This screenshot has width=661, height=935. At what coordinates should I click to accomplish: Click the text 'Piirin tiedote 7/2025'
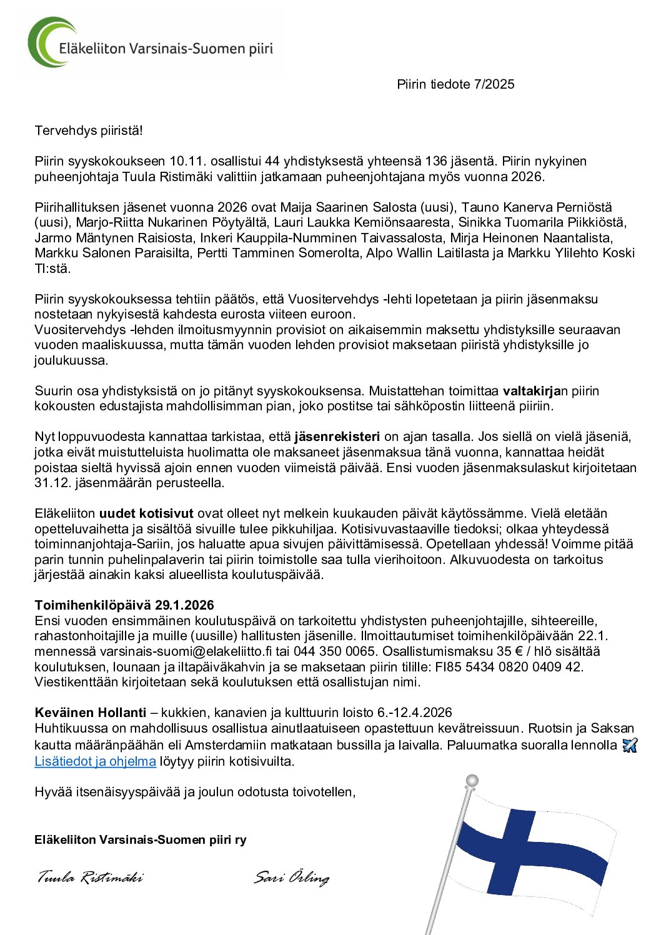pyautogui.click(x=455, y=84)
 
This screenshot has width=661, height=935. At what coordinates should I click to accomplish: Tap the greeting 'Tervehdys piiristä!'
pyautogui.click(x=89, y=131)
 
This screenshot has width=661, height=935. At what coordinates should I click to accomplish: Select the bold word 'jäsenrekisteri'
pyautogui.click(x=337, y=437)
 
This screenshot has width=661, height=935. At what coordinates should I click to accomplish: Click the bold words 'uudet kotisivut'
pyautogui.click(x=146, y=513)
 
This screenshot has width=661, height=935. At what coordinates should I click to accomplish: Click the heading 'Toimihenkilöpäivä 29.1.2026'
pyautogui.click(x=124, y=605)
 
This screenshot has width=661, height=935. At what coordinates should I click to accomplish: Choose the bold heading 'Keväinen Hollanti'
pyautogui.click(x=91, y=713)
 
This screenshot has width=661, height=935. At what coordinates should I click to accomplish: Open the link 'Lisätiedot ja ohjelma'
pyautogui.click(x=95, y=761)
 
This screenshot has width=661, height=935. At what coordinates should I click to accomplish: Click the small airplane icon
pyautogui.click(x=630, y=745)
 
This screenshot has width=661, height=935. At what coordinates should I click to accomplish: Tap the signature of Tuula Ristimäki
pyautogui.click(x=90, y=878)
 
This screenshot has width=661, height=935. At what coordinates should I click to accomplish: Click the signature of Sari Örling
pyautogui.click(x=291, y=878)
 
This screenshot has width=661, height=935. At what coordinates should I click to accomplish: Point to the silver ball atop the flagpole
pyautogui.click(x=472, y=781)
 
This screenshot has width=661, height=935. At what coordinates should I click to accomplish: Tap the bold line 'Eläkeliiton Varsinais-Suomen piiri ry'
pyautogui.click(x=140, y=840)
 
